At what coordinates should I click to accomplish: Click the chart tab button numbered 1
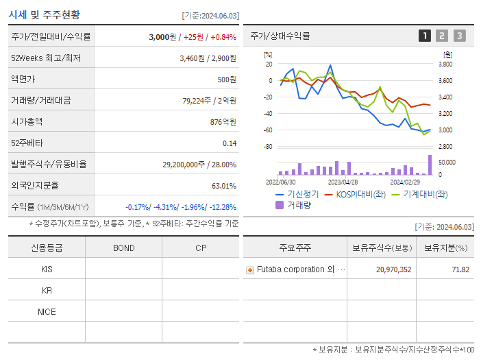425,36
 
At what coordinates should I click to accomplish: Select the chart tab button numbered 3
459,36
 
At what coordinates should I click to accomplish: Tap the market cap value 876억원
222,121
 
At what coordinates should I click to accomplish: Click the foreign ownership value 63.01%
223,185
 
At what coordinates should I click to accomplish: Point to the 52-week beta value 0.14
230,143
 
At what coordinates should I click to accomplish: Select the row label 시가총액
27,121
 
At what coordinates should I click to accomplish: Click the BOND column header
123,248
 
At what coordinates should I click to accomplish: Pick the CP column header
200,248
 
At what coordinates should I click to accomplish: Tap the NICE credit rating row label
47,311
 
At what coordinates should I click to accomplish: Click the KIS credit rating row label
47,269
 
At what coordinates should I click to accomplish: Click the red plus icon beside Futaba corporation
250,269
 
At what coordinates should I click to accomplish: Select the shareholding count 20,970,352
393,269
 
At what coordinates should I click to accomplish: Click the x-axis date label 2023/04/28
343,182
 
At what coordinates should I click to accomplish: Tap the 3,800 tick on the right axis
445,64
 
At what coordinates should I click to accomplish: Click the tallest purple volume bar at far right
430,165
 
